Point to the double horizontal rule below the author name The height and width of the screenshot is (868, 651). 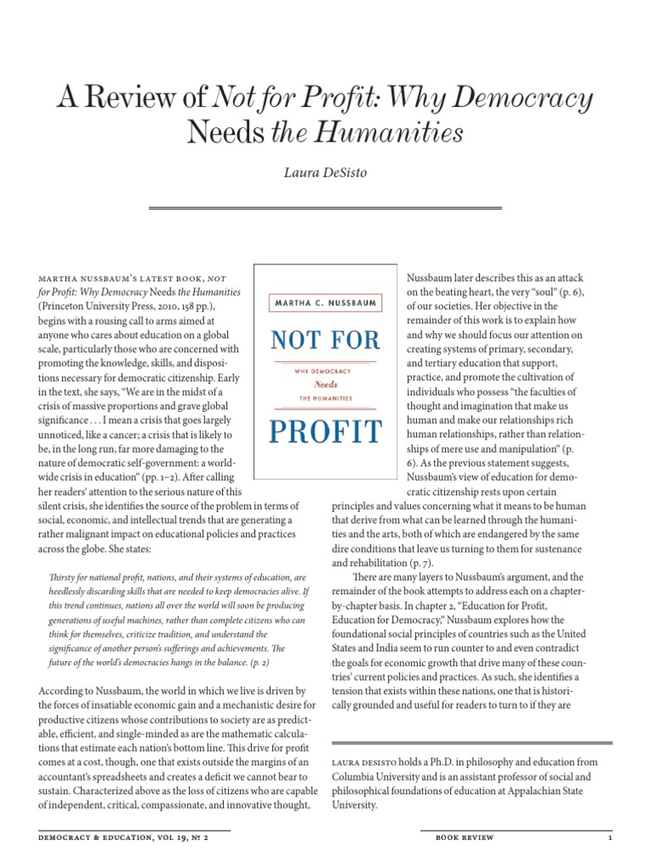(x=325, y=208)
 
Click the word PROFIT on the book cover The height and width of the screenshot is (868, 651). (x=325, y=431)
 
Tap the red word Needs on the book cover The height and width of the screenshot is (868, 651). (x=325, y=383)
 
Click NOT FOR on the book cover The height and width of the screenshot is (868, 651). (x=325, y=340)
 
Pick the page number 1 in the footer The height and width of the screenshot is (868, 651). (x=609, y=837)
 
